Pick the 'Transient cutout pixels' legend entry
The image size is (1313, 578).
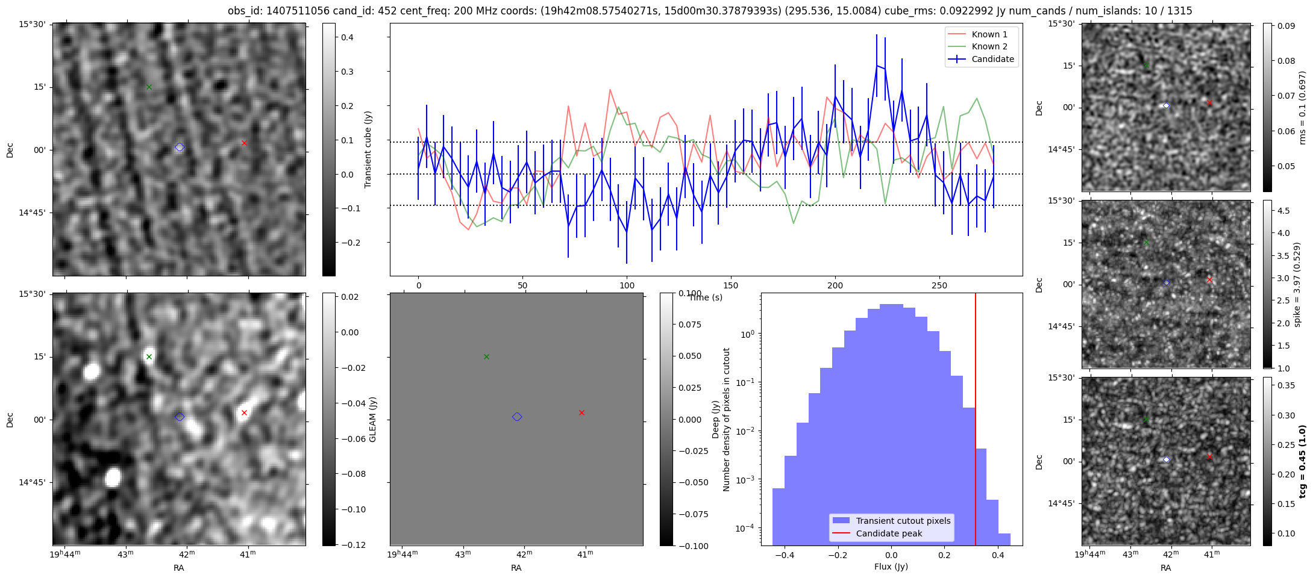(x=903, y=521)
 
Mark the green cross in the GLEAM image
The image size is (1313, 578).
(x=149, y=357)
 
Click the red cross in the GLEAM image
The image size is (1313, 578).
(x=244, y=412)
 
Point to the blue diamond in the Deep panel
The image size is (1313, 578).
(x=517, y=417)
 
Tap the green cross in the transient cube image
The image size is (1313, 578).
(x=149, y=87)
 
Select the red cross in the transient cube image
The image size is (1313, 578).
(x=244, y=143)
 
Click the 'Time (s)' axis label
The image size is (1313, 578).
(x=706, y=297)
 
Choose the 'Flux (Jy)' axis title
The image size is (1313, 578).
(x=891, y=567)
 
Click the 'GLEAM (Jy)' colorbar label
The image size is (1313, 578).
(x=372, y=420)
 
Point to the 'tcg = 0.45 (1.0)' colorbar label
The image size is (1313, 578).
(x=1302, y=461)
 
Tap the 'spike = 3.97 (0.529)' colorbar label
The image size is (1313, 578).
(x=1297, y=284)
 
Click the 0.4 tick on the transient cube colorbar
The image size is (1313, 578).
(x=347, y=37)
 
